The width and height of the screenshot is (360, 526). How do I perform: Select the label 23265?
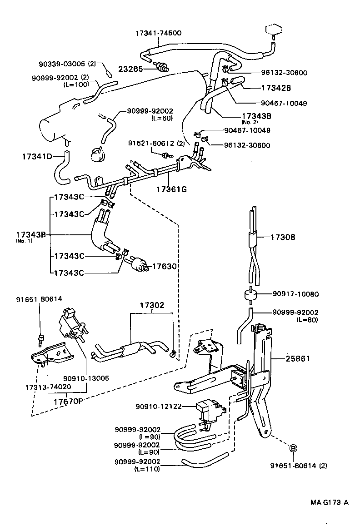(131, 69)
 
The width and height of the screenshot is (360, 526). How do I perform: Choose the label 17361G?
(171, 189)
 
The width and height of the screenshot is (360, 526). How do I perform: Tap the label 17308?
(283, 237)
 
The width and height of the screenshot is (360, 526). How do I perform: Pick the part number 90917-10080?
(295, 294)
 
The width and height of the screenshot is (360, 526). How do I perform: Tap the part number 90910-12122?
(158, 406)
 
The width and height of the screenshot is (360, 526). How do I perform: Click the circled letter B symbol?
(293, 448)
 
